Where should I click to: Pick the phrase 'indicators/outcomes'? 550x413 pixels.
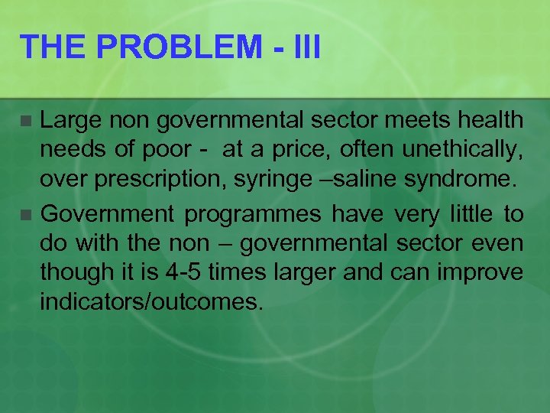(151, 301)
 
